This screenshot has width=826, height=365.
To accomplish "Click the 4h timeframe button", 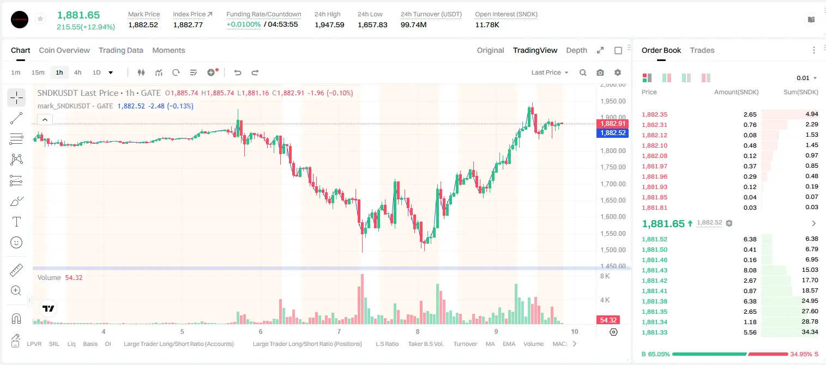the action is tap(77, 72).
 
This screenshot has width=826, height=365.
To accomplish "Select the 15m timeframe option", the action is tap(38, 72).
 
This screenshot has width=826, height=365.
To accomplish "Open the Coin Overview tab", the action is tap(64, 50).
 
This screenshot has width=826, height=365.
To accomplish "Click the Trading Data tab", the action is tap(120, 50).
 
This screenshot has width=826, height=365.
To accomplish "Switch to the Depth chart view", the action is tap(576, 50).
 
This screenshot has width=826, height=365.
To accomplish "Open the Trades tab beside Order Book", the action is tap(702, 50).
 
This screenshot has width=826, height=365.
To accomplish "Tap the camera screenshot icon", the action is tap(600, 72).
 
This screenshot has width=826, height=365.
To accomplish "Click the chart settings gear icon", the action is tap(618, 72).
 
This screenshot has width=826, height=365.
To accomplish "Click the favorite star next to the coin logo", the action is tap(40, 19).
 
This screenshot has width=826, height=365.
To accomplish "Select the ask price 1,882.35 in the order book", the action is tap(655, 114).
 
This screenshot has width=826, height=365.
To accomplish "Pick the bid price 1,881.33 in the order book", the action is tap(655, 332).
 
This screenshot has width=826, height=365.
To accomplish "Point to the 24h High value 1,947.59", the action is tap(329, 25).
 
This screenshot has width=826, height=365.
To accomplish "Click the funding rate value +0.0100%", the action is tap(243, 25).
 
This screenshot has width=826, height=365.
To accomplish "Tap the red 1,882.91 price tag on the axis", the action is tap(612, 124).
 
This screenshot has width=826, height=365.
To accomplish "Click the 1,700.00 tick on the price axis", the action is tap(613, 184).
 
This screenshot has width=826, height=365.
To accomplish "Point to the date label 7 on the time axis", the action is tap(339, 331).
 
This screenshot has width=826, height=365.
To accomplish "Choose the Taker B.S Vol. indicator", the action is tap(425, 344).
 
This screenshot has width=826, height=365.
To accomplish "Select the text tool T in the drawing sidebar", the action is tap(16, 222).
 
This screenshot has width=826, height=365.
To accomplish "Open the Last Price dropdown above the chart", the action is tap(550, 72).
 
